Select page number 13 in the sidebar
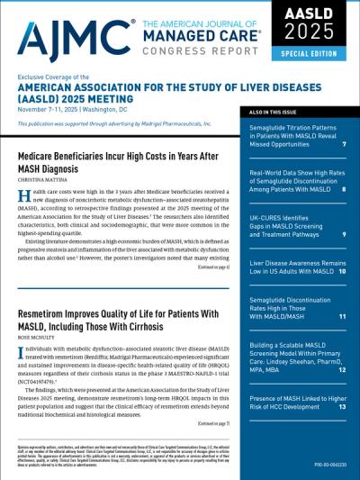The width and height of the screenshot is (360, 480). point(343,406)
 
